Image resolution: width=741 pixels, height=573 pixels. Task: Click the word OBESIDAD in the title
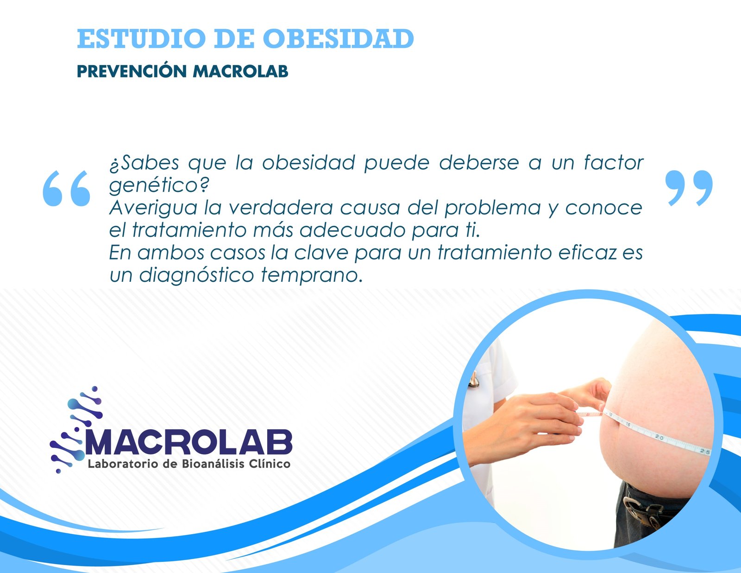(338, 38)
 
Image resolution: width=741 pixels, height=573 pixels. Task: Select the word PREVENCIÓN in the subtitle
(132, 71)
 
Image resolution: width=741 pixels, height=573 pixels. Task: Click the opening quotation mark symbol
(67, 188)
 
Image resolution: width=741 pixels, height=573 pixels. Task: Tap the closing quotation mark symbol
(689, 188)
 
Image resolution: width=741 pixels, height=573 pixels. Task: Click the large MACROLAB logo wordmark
(188, 442)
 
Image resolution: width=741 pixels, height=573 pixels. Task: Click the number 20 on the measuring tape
(659, 437)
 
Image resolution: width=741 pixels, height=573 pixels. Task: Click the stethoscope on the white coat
(473, 380)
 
